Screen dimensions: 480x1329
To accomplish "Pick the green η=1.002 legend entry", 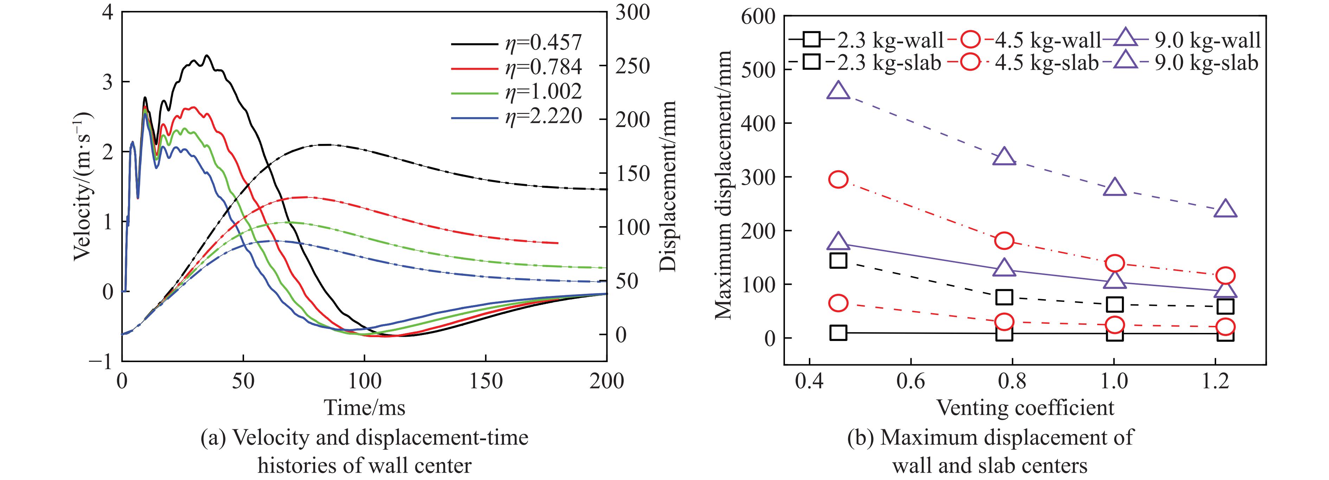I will point(516,92).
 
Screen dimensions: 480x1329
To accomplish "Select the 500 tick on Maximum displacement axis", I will point(758,70).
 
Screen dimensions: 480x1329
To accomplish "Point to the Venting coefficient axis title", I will point(1025,408).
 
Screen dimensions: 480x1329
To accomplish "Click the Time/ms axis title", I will point(364,408).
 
